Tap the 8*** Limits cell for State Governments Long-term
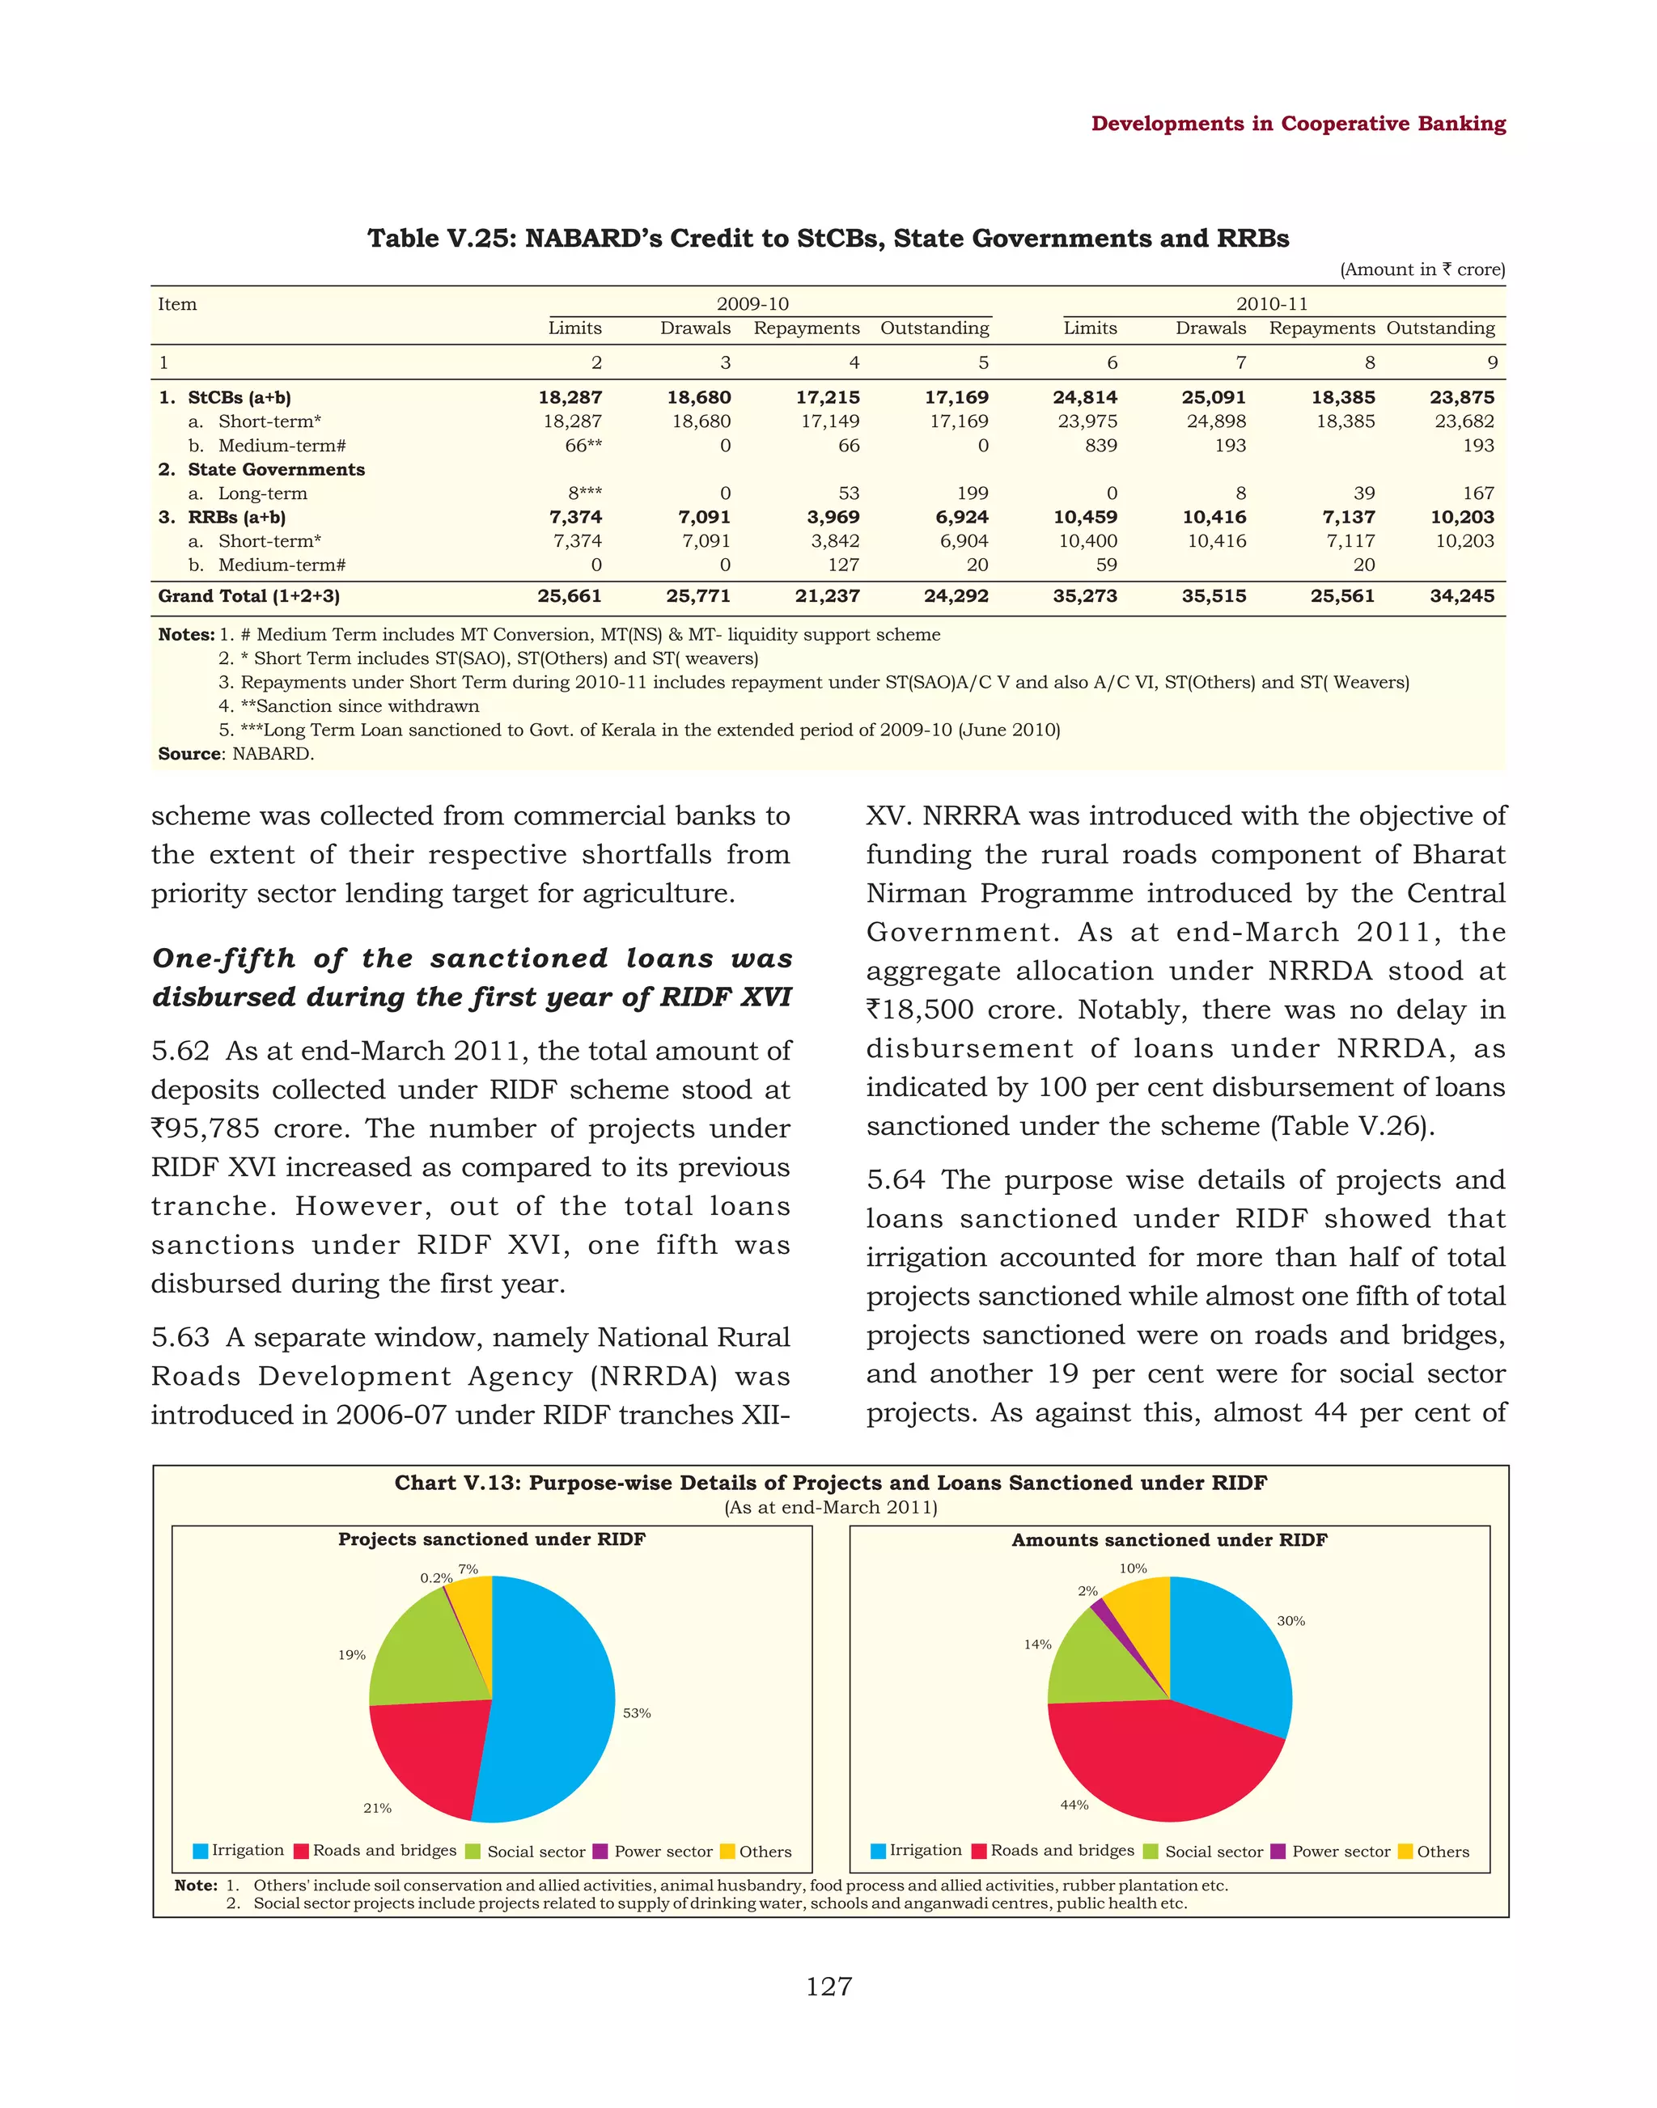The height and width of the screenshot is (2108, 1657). (584, 493)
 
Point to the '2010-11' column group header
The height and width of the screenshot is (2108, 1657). (1271, 303)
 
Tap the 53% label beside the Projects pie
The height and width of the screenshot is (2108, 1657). (637, 1713)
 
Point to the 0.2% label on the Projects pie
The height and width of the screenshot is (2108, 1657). (435, 1578)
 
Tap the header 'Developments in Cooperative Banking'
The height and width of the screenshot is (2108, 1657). (1298, 123)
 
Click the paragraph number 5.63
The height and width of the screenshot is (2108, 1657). (180, 1337)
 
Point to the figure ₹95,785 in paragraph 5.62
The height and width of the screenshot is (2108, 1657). (206, 1128)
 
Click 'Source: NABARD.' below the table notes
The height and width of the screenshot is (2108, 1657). (235, 754)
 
